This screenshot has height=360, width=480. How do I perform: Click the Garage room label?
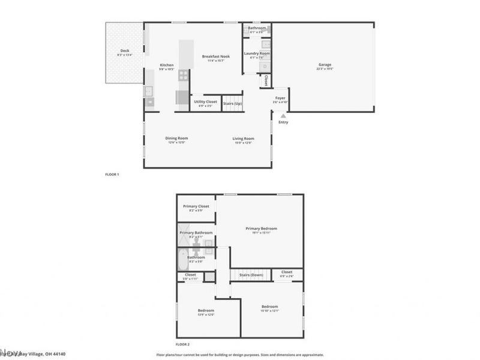[x=324, y=65]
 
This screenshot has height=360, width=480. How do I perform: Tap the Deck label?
[x=125, y=51]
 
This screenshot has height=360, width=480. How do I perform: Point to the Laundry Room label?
[x=256, y=53]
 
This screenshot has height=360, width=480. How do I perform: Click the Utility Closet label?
[x=205, y=101]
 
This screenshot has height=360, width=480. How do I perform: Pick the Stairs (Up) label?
[x=233, y=103]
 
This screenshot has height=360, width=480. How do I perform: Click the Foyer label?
[x=280, y=97]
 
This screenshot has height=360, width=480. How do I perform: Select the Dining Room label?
[x=176, y=139]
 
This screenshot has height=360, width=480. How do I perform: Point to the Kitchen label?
[x=167, y=65]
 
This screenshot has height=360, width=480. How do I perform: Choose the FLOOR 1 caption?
[x=112, y=175]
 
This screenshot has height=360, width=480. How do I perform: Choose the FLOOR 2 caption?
[x=182, y=344]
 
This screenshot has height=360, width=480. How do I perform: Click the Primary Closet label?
[x=196, y=206]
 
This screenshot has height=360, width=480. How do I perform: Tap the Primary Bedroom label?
[x=261, y=229]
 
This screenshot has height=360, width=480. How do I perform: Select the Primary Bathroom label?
[x=196, y=232]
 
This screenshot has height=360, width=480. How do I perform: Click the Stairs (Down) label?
[x=251, y=275]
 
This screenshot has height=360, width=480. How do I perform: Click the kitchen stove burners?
[x=183, y=75]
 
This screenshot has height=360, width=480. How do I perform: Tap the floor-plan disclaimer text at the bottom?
[x=240, y=355]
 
